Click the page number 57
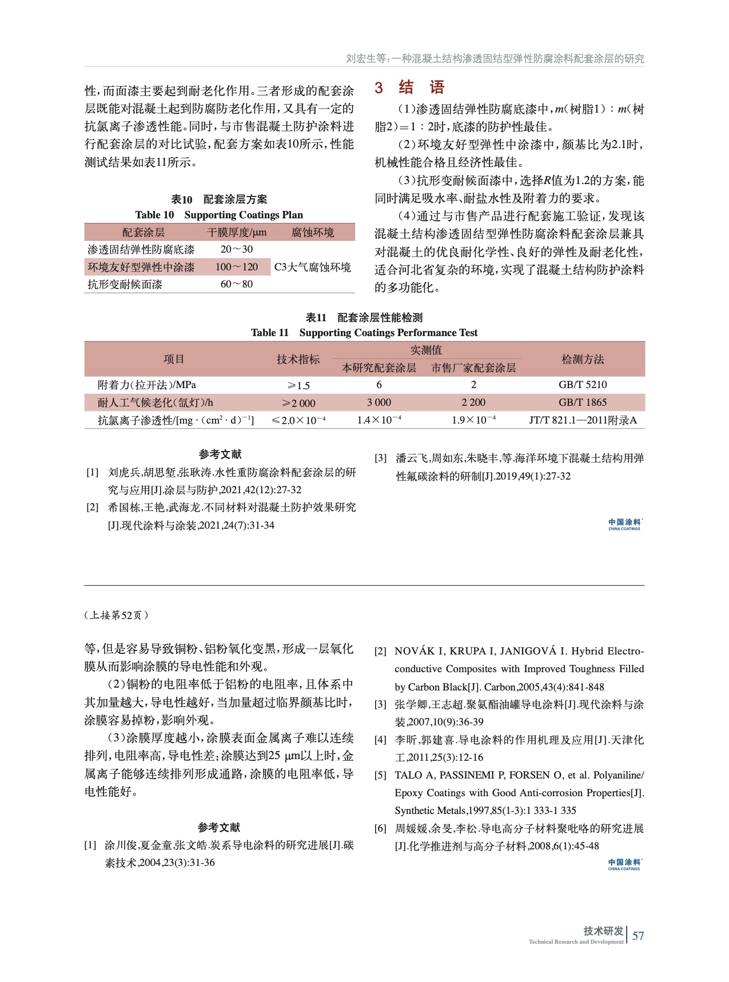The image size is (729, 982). tap(638, 936)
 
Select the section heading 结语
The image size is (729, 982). tap(421, 87)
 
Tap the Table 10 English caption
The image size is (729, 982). tap(219, 215)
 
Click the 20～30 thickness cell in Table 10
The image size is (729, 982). tap(236, 249)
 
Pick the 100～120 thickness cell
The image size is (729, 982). tap(236, 267)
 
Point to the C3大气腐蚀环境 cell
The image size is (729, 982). tap(313, 267)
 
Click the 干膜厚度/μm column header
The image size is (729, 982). tap(236, 233)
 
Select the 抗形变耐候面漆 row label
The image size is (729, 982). tap(125, 284)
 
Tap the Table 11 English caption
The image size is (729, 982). tap(364, 333)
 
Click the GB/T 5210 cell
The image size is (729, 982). tap(583, 385)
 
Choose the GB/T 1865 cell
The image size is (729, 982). tap(583, 402)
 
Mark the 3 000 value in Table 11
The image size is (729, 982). tap(379, 402)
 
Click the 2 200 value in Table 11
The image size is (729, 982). tap(473, 402)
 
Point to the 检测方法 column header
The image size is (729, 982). tap(583, 360)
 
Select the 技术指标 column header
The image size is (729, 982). tap(298, 360)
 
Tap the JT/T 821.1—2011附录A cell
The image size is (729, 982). tap(583, 420)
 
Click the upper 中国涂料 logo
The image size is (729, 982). tap(625, 524)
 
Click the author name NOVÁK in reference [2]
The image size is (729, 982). tap(415, 651)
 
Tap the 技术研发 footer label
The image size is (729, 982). tap(603, 931)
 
